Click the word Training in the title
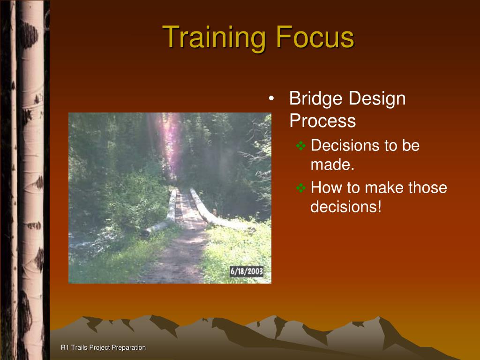[214, 38]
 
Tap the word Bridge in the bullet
[316, 99]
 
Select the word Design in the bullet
[377, 99]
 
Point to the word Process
[322, 120]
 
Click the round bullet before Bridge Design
[271, 98]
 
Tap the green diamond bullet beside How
[301, 187]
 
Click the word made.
[332, 165]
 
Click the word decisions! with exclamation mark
[346, 207]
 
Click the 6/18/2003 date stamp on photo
[247, 271]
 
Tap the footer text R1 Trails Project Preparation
[104, 347]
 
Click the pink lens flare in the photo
[172, 144]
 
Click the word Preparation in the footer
[129, 348]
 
